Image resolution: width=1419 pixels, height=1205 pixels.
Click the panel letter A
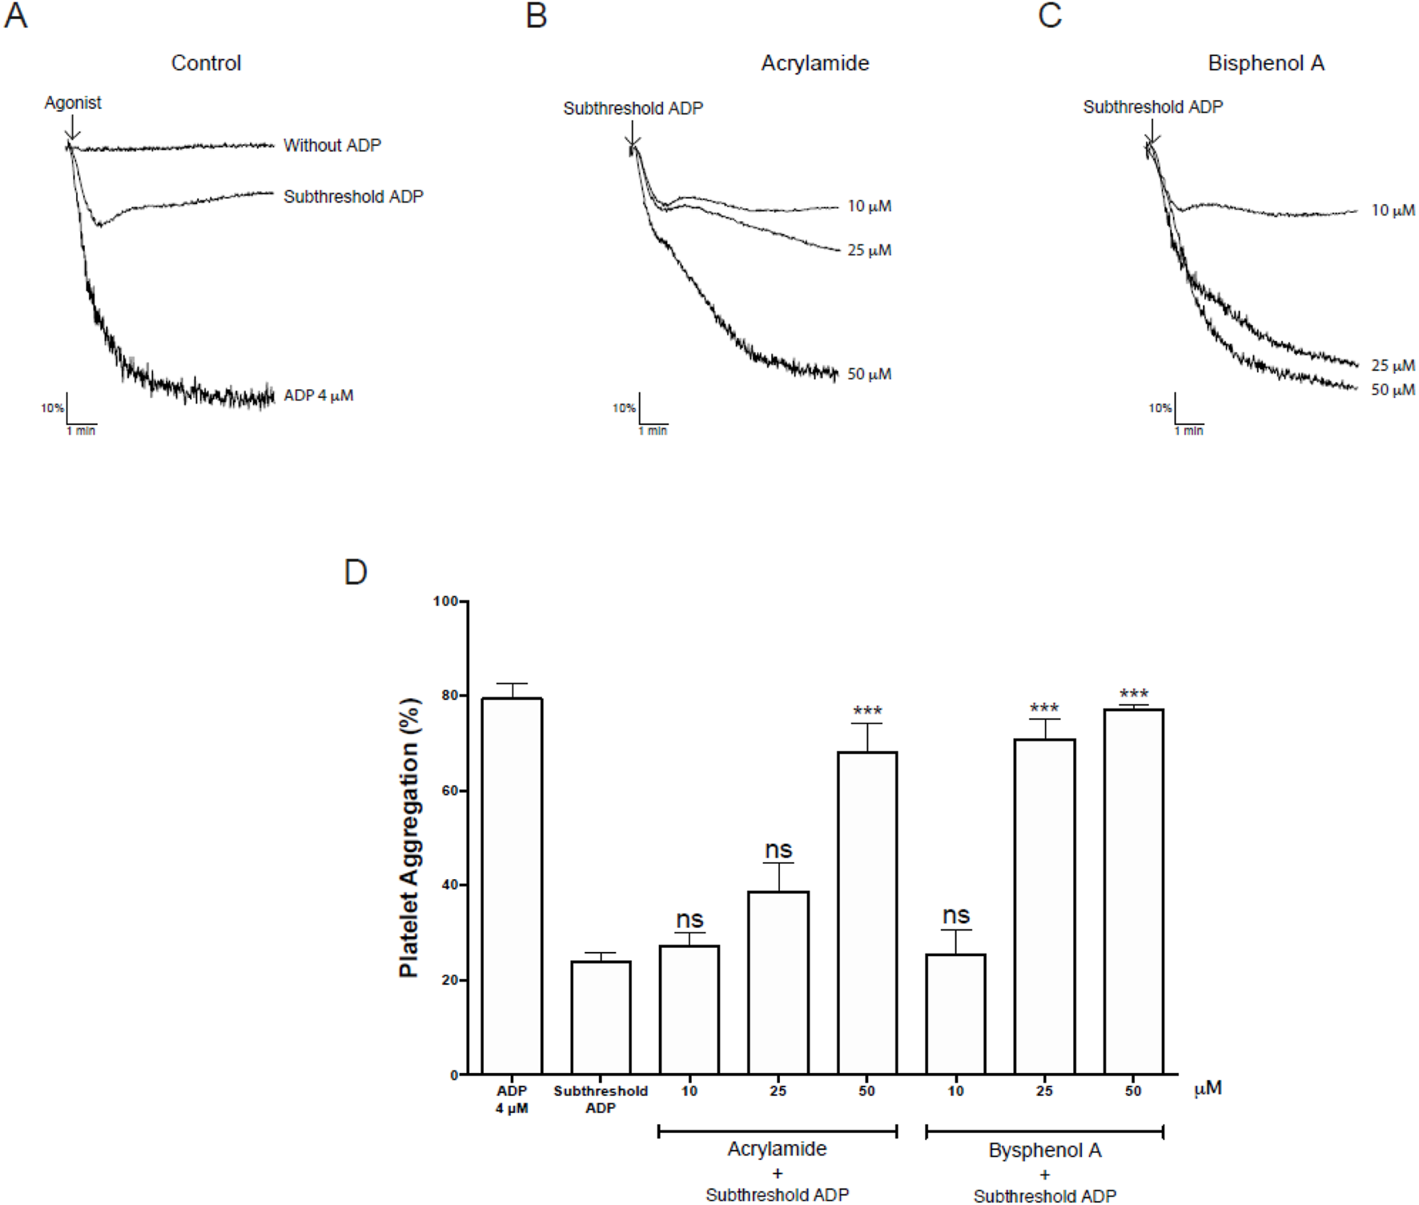[16, 16]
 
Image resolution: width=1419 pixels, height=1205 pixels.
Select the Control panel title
[206, 63]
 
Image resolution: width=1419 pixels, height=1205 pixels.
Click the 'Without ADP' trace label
[332, 145]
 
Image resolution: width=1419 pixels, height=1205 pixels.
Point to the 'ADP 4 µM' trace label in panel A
[318, 395]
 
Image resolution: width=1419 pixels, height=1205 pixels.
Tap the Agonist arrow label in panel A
[73, 102]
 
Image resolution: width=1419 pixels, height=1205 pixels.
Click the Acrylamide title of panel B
[814, 63]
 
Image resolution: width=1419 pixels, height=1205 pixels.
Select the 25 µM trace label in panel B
[869, 251]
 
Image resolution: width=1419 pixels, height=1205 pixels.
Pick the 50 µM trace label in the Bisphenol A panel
[1393, 390]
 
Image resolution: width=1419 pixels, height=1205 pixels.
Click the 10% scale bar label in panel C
[1160, 408]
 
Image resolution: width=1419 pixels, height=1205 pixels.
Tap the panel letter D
[355, 572]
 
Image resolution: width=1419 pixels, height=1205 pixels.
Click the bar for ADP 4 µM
[512, 885]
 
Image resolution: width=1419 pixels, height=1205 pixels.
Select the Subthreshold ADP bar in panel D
[601, 1017]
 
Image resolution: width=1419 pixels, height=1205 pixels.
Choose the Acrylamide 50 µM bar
[867, 913]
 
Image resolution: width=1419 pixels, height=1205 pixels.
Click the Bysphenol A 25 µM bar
[1044, 905]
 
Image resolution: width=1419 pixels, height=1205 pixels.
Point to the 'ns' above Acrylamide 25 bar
[778, 849]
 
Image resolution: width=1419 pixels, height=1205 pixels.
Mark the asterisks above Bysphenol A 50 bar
[1133, 693]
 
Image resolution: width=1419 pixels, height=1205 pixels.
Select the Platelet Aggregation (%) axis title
[409, 837]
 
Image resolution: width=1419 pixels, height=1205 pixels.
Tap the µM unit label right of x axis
[1208, 1089]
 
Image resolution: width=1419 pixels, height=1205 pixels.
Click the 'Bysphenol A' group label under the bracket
[1044, 1151]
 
